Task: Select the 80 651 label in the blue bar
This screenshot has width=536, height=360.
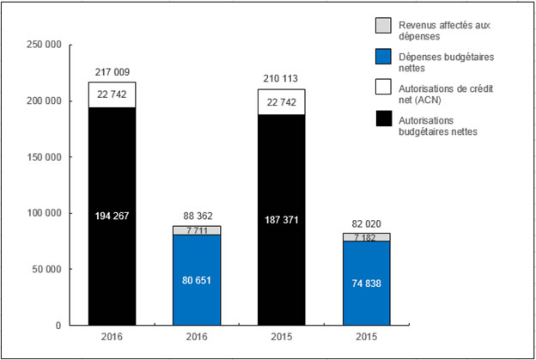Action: point(198,279)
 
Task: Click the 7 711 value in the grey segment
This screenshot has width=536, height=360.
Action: point(198,230)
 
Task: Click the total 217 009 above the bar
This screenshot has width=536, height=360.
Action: point(112,72)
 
